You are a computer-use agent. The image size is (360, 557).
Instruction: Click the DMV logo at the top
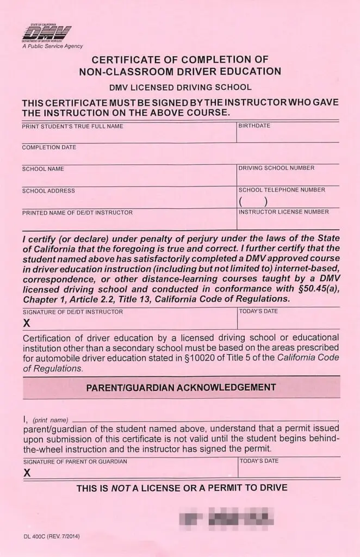pos(46,33)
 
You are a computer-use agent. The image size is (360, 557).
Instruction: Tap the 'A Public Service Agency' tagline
pos(53,46)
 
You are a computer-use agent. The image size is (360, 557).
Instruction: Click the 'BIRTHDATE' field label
pos(255,126)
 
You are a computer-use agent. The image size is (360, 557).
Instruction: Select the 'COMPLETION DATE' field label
pos(49,147)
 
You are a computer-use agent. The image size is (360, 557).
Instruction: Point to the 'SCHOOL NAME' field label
pos(43,169)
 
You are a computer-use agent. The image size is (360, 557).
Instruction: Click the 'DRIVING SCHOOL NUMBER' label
pos(276,168)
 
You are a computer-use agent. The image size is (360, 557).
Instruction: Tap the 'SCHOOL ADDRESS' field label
pos(48,191)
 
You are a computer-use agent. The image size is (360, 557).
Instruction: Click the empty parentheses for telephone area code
pos(253,201)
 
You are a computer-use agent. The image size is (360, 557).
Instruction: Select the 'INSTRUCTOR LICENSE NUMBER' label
pos(283,212)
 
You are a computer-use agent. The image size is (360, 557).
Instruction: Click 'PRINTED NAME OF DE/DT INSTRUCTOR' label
pos(77,213)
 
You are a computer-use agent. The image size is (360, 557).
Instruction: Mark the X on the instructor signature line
pos(27,323)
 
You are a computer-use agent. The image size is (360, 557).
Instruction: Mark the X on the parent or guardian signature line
pos(27,473)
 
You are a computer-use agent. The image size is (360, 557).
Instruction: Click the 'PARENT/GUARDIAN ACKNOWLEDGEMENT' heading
pos(181,388)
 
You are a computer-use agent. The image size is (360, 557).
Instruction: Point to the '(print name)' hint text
pos(51,420)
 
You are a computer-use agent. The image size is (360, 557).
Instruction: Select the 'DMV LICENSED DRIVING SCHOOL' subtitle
pos(180,87)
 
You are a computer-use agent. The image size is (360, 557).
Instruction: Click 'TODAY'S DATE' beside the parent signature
pos(259,461)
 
